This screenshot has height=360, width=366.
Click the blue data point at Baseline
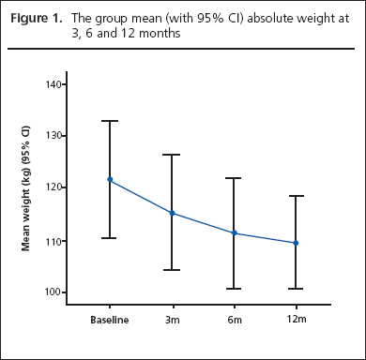(110, 179)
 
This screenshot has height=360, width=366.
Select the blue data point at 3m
(172, 213)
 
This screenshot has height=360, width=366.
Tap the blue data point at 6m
(234, 233)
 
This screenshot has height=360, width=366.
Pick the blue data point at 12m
(296, 243)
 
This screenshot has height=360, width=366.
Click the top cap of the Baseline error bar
(110, 121)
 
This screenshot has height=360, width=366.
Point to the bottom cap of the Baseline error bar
(110, 238)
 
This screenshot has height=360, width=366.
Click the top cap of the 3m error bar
(172, 155)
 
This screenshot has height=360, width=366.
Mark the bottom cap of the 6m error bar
(234, 289)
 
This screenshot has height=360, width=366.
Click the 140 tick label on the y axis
(53, 84)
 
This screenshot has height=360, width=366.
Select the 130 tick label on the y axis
(53, 136)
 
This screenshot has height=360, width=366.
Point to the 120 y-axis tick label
(53, 187)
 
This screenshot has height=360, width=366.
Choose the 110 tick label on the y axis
(53, 241)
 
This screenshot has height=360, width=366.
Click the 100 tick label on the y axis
(53, 292)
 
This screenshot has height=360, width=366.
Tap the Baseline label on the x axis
(110, 320)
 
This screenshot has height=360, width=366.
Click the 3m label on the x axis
(172, 320)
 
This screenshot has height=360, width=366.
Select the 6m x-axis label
(234, 320)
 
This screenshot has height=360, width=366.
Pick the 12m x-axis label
(296, 320)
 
